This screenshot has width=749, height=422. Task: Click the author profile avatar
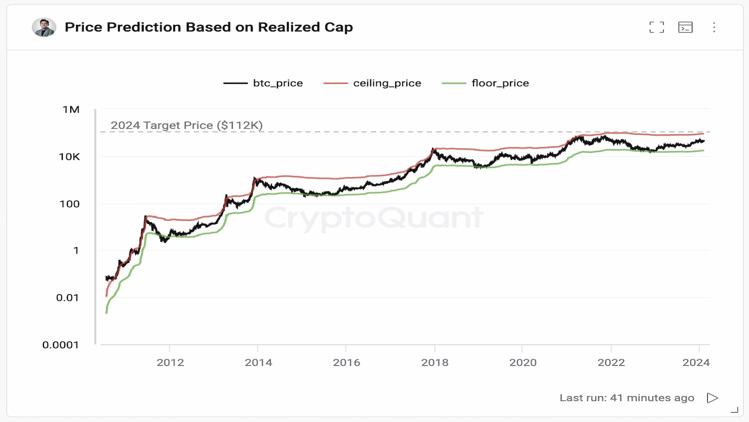point(44,27)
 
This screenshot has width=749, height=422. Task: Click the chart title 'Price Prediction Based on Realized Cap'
point(209,27)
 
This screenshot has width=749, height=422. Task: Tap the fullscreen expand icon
point(656,27)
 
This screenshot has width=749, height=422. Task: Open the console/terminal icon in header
point(685,27)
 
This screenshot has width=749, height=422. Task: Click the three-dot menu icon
point(714,27)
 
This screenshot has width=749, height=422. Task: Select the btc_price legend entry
point(264,83)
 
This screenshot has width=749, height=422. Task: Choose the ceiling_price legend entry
point(373,83)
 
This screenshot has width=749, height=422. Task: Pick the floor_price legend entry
point(485,83)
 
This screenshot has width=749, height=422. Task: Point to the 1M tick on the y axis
point(71,109)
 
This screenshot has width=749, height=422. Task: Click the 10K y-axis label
point(69,157)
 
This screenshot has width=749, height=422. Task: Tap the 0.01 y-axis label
point(67,297)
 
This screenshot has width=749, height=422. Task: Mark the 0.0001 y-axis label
point(60,345)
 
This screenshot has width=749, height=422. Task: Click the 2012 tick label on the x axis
point(170,362)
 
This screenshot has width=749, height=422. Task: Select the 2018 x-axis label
point(434,362)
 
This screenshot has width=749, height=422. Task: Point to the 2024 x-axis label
point(696,362)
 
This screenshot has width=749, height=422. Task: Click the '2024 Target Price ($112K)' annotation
point(186,125)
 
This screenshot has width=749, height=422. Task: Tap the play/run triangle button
point(712,398)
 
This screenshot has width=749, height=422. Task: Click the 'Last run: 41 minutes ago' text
point(627,398)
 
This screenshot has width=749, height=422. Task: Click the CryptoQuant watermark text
point(374,218)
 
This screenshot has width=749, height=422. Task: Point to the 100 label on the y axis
point(69,203)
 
